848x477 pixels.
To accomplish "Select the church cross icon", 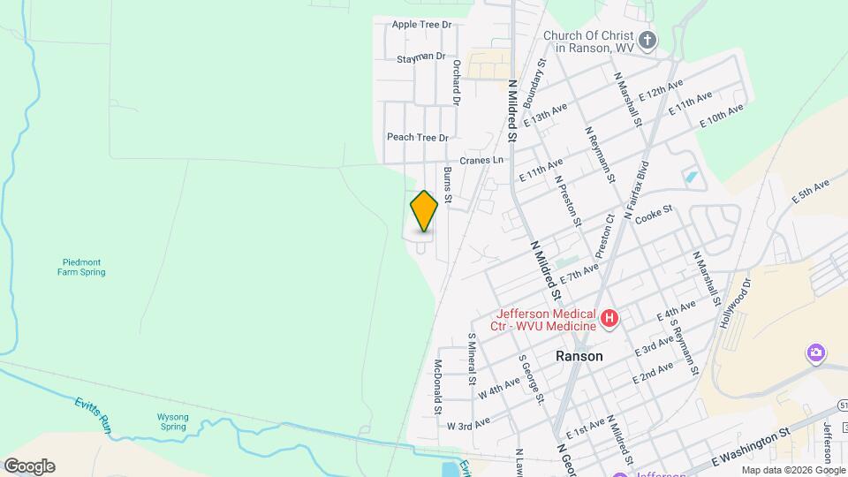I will [x=647, y=40].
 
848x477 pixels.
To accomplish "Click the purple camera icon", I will [x=816, y=354].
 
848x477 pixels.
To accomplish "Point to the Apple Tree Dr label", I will [x=421, y=25].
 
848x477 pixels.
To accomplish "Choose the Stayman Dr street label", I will [x=421, y=57].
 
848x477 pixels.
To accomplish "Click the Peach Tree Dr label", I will [x=418, y=138].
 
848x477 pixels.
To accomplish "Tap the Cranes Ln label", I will [x=486, y=160].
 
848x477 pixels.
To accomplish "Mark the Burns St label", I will [x=448, y=185].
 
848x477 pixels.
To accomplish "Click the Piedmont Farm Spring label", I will [x=84, y=267].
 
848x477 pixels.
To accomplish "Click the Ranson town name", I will [x=579, y=357].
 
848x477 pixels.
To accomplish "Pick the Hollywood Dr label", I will [x=734, y=304].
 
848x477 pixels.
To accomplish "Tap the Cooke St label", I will [x=654, y=216].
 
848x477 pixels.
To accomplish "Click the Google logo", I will [x=29, y=466].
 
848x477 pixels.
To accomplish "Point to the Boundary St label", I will [x=534, y=83].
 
